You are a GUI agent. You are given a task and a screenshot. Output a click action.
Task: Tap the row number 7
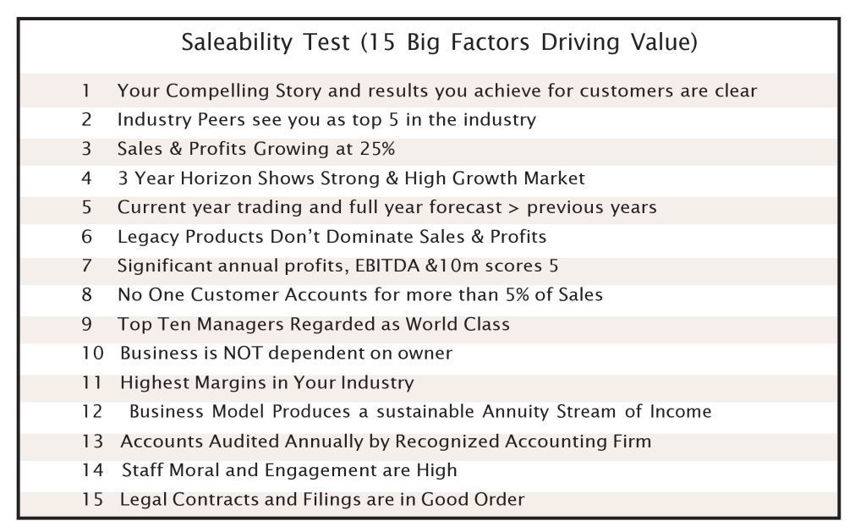coord(87,266)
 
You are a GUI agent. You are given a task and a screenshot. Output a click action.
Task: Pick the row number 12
coord(92,412)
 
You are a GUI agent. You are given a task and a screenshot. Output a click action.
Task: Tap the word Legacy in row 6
coord(148,237)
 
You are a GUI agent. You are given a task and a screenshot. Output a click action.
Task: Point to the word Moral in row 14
coord(195,470)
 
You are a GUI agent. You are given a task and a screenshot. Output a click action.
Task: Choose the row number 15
coord(92,499)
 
